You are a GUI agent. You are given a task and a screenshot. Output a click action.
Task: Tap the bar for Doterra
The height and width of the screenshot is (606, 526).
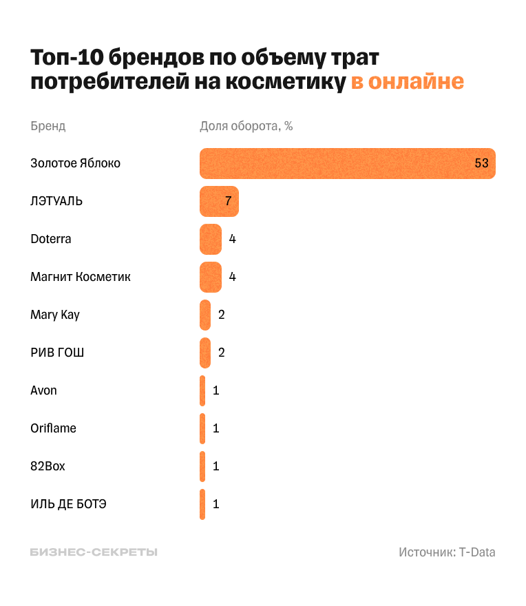click(x=211, y=239)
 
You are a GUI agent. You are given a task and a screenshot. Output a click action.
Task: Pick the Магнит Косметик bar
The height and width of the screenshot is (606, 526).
click(x=211, y=277)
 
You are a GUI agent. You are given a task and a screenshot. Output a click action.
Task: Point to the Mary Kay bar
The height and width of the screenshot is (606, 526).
click(x=205, y=315)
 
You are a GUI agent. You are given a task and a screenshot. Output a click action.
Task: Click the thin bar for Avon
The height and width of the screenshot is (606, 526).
click(x=202, y=390)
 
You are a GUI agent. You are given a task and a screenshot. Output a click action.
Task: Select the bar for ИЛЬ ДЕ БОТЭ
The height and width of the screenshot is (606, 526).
click(x=202, y=504)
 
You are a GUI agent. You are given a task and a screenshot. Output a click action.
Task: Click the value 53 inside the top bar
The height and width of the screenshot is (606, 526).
click(x=481, y=164)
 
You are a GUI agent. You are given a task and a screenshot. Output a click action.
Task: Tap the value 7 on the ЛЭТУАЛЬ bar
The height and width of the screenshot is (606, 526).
click(x=228, y=202)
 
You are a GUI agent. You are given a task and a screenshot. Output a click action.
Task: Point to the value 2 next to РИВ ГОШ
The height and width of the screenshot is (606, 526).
click(x=222, y=353)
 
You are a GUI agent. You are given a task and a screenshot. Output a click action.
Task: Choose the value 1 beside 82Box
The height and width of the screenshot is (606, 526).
click(x=215, y=466)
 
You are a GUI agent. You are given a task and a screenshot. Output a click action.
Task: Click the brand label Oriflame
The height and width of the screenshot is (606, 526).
click(x=53, y=428)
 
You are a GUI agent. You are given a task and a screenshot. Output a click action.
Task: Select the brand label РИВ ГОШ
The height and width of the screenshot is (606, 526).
click(x=57, y=353)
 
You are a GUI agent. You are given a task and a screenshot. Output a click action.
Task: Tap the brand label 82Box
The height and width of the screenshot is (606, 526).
click(x=48, y=466)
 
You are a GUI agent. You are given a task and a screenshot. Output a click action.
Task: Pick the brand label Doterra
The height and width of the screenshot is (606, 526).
click(x=51, y=239)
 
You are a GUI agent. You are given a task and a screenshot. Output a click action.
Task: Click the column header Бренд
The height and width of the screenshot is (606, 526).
click(x=48, y=126)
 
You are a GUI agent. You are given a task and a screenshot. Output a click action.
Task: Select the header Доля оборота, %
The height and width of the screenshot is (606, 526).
click(x=246, y=126)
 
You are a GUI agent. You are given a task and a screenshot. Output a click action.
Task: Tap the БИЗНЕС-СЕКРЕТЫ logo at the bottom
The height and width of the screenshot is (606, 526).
click(x=94, y=552)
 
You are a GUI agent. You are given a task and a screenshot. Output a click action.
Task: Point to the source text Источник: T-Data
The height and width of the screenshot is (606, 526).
click(x=447, y=552)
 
